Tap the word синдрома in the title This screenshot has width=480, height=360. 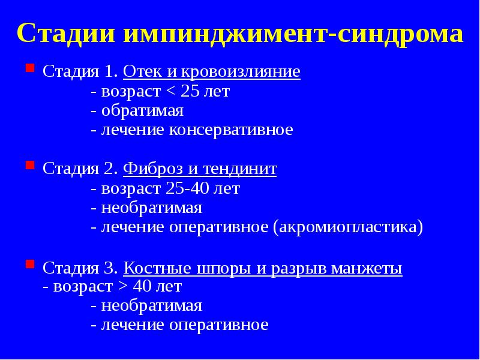(x=400, y=34)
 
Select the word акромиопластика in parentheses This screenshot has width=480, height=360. (x=347, y=227)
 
